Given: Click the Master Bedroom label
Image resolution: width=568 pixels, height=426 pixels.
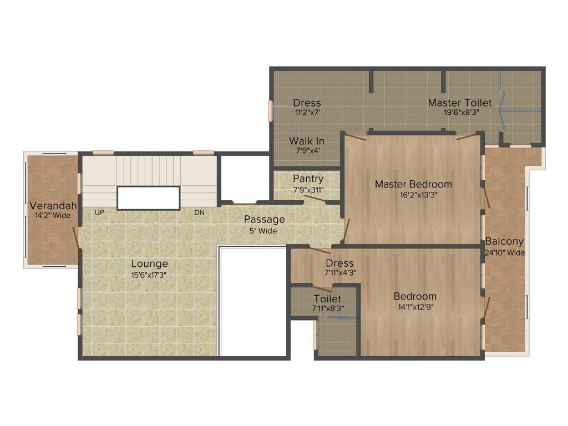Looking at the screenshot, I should tap(413, 184).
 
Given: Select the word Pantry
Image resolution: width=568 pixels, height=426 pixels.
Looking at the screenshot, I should tap(308, 179).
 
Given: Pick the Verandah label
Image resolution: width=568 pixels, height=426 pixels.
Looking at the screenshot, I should tap(53, 205).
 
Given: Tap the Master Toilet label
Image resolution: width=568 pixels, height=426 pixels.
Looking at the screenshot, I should tap(459, 103).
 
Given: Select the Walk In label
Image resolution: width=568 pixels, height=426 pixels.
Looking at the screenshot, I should tap(307, 141).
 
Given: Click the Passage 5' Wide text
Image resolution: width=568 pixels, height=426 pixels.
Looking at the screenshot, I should tap(265, 225).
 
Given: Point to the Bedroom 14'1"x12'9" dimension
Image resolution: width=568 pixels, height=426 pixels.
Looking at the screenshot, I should tap(415, 306).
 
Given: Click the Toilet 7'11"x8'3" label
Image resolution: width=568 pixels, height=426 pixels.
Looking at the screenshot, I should tap(327, 303).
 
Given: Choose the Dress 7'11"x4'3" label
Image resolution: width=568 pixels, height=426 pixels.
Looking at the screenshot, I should tap(339, 267).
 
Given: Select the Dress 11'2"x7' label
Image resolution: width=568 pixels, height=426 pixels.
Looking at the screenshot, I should tap(307, 106).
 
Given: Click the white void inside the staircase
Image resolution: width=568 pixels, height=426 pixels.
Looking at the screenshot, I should tap(149, 198).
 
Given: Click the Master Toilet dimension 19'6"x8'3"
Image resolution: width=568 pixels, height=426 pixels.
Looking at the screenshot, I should tap(460, 111).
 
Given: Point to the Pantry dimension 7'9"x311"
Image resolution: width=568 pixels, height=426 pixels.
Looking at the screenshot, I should tap(308, 189).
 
